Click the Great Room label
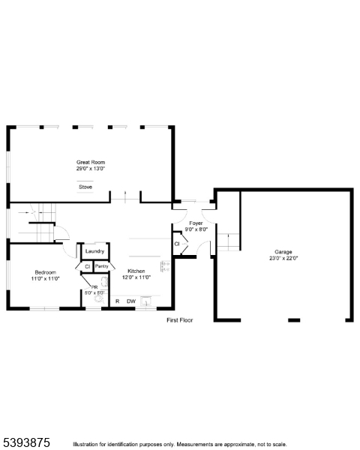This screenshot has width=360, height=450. point(90,162)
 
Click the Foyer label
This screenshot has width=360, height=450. point(196,223)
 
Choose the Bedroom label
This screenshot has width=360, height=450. point(45,271)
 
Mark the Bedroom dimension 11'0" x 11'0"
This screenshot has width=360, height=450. point(45,278)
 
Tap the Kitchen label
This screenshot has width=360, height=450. point(136,271)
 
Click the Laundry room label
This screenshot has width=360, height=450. point(94,251)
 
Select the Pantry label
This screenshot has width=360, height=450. point(103,266)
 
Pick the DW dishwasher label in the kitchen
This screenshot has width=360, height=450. point(130,301)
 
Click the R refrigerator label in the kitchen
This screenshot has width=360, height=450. point(117,301)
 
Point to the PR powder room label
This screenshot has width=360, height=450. point(94,286)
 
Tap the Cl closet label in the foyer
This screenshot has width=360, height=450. point(177,244)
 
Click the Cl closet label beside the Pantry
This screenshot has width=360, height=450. point(87,266)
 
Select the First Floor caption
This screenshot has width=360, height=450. point(180,320)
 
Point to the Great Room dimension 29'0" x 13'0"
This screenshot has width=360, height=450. point(90,169)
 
